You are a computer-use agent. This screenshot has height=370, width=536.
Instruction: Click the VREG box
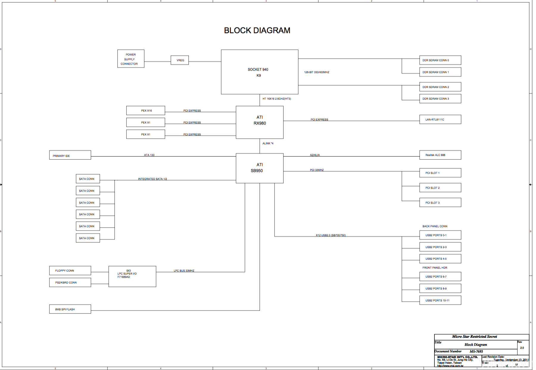pyautogui.click(x=180, y=60)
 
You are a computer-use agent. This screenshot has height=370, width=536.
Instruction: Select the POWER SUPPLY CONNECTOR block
pyautogui.click(x=131, y=59)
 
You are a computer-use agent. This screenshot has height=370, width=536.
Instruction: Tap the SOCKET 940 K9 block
pyautogui.click(x=259, y=72)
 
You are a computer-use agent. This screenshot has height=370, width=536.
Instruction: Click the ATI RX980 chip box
pyautogui.click(x=259, y=122)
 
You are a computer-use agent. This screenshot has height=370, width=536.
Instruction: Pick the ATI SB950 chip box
pyautogui.click(x=259, y=168)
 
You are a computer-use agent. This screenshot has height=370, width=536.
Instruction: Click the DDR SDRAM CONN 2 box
pyautogui.click(x=440, y=87)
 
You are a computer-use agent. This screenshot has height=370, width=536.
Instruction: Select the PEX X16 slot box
pyautogui.click(x=146, y=111)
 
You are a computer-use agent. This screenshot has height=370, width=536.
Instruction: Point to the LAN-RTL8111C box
pyautogui.click(x=440, y=119)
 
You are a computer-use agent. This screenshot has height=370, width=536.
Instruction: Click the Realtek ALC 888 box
pyautogui.click(x=440, y=155)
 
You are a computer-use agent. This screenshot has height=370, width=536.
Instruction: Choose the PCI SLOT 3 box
pyautogui.click(x=440, y=203)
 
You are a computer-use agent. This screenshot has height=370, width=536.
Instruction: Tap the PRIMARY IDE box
pyautogui.click(x=70, y=155)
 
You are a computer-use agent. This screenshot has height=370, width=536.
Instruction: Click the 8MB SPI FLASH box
pyautogui.click(x=70, y=309)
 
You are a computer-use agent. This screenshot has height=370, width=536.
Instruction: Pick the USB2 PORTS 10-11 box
pyautogui.click(x=440, y=300)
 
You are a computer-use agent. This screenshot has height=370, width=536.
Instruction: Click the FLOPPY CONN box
pyautogui.click(x=70, y=270)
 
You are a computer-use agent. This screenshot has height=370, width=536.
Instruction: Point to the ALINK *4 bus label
pyautogui.click(x=268, y=144)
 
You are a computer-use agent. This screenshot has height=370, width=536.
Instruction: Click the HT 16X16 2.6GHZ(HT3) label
pyautogui.click(x=277, y=99)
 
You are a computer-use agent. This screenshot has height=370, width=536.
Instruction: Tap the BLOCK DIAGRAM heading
pyautogui.click(x=257, y=30)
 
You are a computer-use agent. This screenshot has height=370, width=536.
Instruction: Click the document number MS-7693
pyautogui.click(x=476, y=352)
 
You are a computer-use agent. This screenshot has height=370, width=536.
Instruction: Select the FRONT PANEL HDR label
pyautogui.click(x=435, y=268)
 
